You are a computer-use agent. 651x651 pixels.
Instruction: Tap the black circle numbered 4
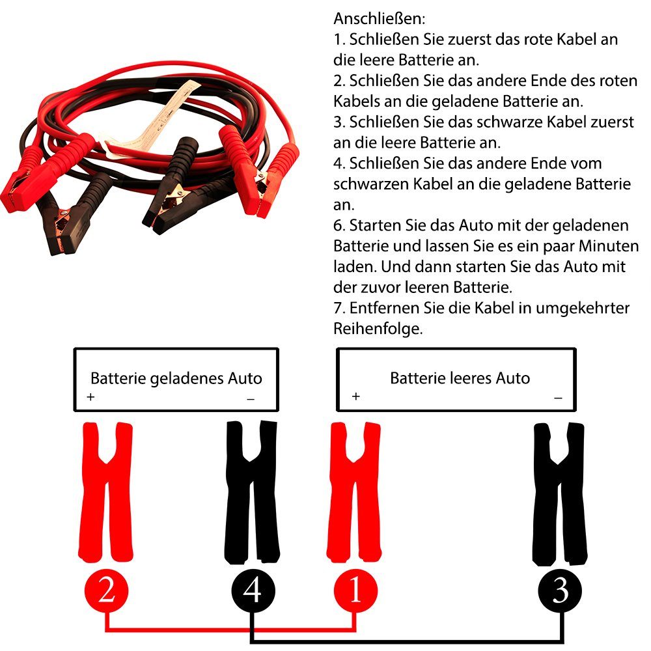coord(253,591)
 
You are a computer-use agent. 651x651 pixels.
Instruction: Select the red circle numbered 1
coord(356,591)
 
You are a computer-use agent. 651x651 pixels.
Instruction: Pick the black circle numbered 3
coord(560,591)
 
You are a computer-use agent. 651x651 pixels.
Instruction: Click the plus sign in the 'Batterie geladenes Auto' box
coord(90,396)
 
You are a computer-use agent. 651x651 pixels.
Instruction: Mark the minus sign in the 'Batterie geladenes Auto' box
coord(251,398)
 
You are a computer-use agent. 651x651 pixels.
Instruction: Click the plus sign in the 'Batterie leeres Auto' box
coord(355,396)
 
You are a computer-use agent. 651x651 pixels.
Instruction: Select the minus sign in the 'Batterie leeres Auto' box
coord(558,397)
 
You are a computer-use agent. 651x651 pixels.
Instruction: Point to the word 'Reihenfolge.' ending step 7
coord(378,329)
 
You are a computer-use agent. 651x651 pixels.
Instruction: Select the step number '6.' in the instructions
coord(340,225)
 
